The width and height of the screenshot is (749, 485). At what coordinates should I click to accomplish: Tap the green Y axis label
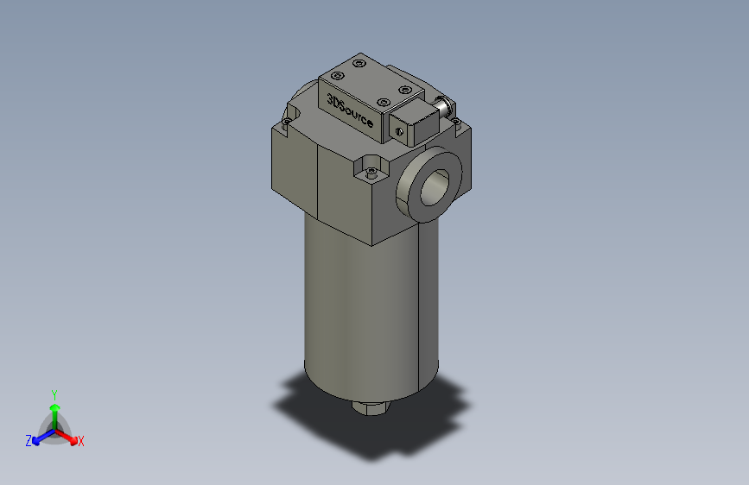(54, 394)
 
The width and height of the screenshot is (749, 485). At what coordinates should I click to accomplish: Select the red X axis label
(81, 442)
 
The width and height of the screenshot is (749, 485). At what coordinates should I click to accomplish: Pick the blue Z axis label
(29, 441)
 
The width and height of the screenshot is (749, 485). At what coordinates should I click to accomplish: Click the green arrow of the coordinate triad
(54, 411)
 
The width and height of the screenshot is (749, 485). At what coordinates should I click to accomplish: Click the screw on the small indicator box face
(399, 130)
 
